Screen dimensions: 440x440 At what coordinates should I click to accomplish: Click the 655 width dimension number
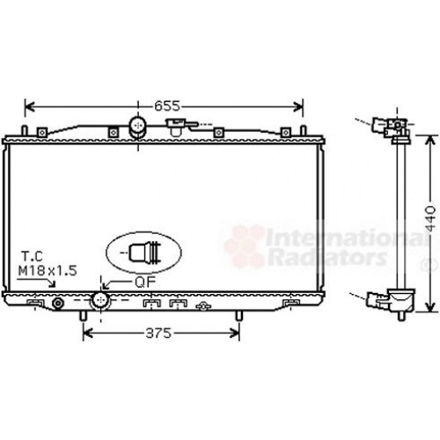pos(167,106)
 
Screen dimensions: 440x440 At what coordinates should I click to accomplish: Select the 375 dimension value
pos(158,334)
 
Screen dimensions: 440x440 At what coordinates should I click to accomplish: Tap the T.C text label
pos(32,254)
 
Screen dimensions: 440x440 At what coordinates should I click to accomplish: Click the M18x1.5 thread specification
pos(48,269)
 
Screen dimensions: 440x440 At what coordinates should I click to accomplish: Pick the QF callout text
pos(145,282)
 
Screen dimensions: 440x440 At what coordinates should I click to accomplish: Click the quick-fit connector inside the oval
pos(143,252)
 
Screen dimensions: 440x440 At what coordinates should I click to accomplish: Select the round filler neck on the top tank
pos(137,127)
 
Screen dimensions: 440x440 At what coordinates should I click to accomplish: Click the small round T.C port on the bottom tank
pos(59,304)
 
